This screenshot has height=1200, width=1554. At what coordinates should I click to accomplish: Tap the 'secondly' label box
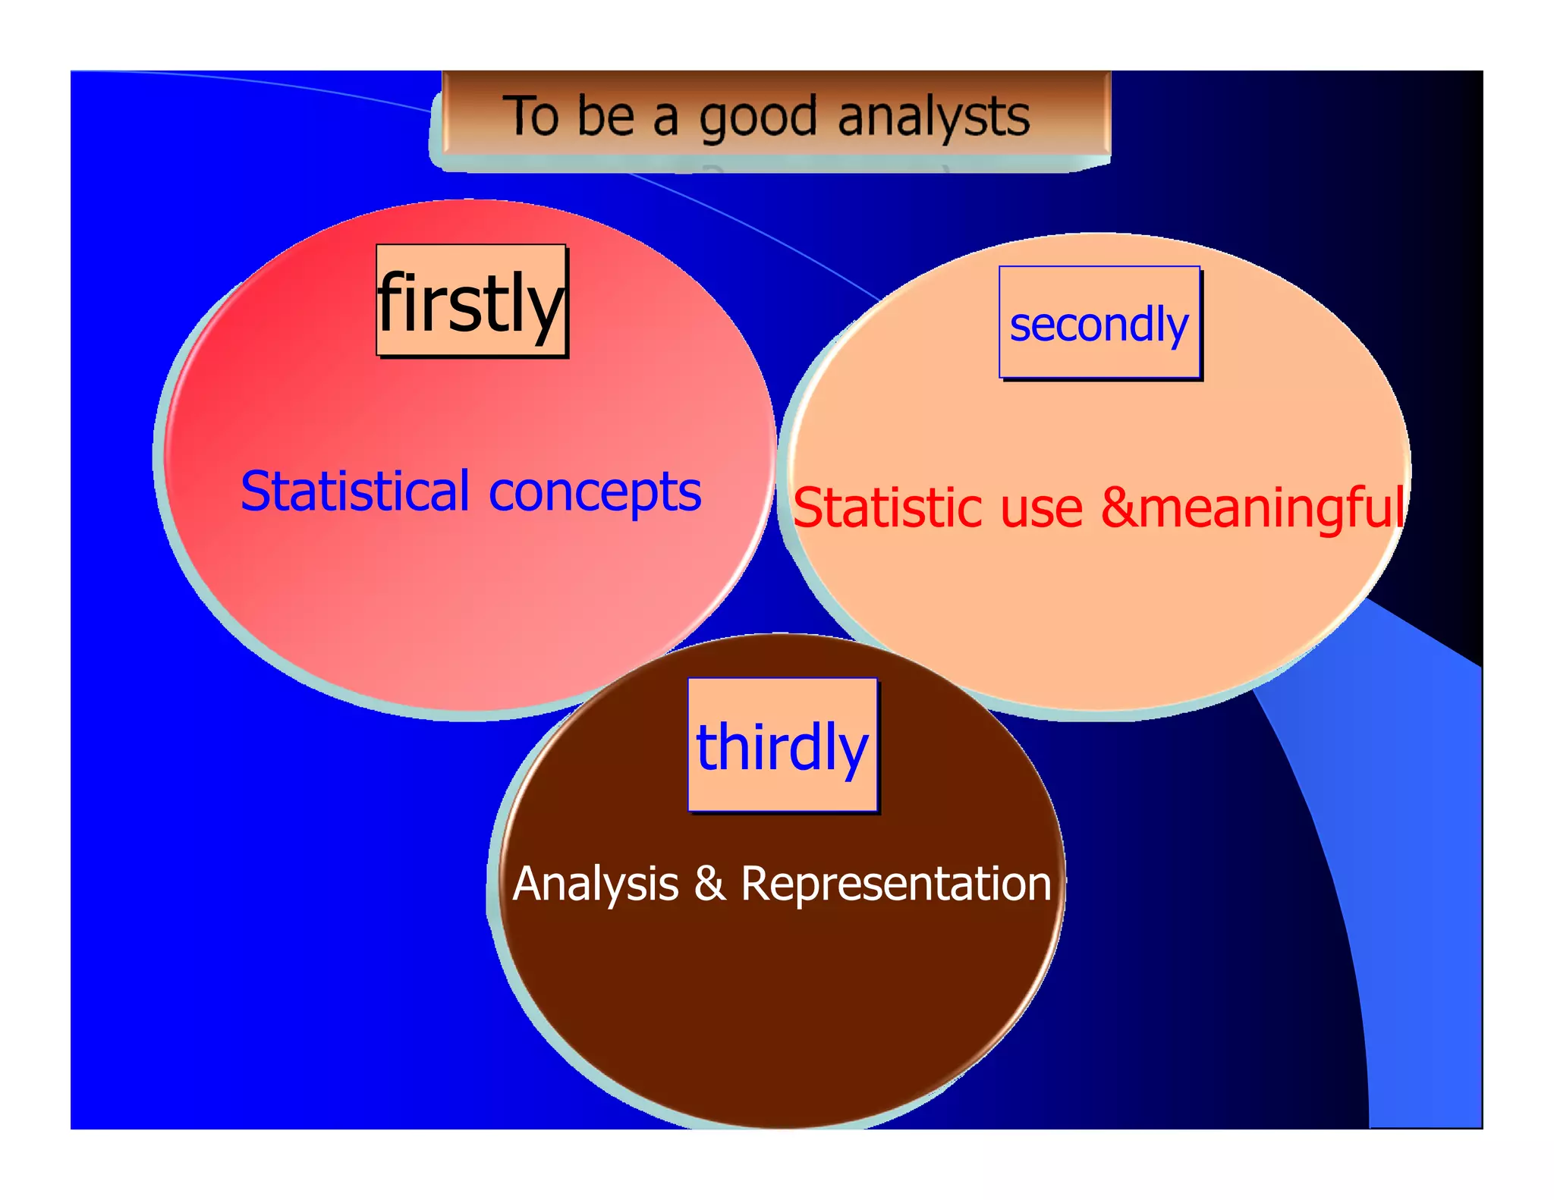[1099, 323]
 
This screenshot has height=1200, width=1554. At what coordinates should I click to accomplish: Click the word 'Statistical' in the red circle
[355, 492]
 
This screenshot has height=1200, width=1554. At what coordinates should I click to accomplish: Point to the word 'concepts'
[595, 493]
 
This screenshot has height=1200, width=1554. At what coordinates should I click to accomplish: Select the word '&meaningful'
[1252, 508]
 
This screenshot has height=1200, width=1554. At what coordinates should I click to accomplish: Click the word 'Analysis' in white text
[596, 884]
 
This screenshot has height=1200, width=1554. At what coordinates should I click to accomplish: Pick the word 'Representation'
[895, 884]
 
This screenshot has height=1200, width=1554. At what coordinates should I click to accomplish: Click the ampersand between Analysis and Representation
[709, 884]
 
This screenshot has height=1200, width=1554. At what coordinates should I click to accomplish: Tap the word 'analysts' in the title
[933, 118]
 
